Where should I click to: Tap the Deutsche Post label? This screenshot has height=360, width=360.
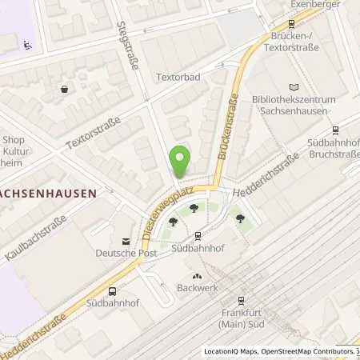pos(124,254)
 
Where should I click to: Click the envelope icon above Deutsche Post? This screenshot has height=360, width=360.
pos(124,241)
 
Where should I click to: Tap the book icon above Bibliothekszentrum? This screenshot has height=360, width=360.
pos(292,86)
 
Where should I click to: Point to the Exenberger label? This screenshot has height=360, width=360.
pos(314,4)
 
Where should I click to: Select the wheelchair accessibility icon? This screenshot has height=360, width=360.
pos(29,46)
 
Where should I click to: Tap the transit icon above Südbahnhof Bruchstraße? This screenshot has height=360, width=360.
pos(335,131)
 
